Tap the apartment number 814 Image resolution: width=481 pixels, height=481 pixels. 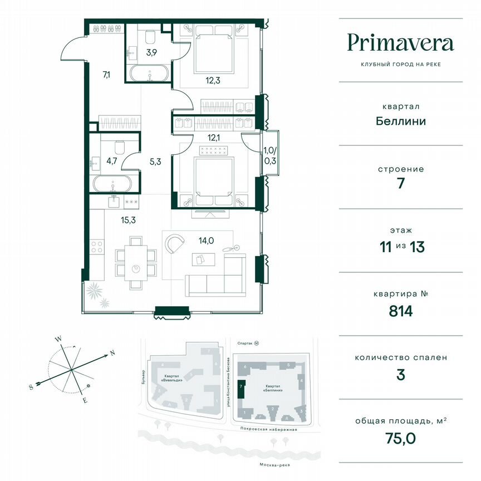coord(400,311)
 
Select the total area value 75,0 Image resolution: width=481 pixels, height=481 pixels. coord(400,438)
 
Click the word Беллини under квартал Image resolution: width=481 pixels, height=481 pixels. coord(400,121)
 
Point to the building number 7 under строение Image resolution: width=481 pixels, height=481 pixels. coord(400,184)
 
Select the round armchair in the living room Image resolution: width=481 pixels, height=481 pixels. coord(175,244)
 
